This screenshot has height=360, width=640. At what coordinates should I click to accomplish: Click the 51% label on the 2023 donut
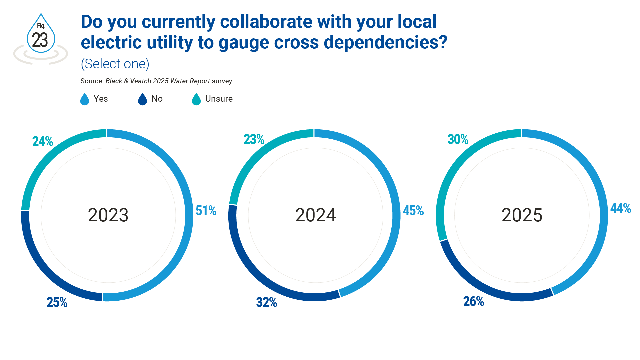pos(206,211)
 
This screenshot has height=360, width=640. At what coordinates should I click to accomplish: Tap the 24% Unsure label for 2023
pos(43,141)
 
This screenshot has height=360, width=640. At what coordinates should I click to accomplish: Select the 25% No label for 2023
pos(57,302)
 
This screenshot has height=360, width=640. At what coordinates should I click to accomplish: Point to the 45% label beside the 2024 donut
pos(413,211)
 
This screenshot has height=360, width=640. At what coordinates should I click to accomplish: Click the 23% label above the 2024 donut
pos(254,139)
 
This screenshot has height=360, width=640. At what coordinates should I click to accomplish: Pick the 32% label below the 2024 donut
pos(266,302)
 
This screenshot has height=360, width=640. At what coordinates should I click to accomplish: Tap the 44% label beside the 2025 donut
pos(621,208)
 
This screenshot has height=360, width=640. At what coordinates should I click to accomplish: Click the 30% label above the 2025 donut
pos(458,139)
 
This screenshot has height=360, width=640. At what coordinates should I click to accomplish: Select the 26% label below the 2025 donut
pos(474,301)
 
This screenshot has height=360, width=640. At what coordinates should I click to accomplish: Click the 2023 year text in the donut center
pos(108,215)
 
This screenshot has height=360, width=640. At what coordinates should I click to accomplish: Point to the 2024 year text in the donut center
pos(315,215)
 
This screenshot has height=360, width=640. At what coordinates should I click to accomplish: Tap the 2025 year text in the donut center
pos(522,215)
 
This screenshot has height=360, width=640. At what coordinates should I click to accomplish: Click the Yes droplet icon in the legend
pos(85,99)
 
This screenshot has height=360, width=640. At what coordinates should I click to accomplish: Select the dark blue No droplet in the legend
pos(142,99)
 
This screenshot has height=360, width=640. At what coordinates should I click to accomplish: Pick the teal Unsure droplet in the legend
pos(196,99)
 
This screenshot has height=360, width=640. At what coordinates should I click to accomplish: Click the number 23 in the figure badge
pos(40,40)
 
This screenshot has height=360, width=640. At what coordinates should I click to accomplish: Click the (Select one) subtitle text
pos(115,64)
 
